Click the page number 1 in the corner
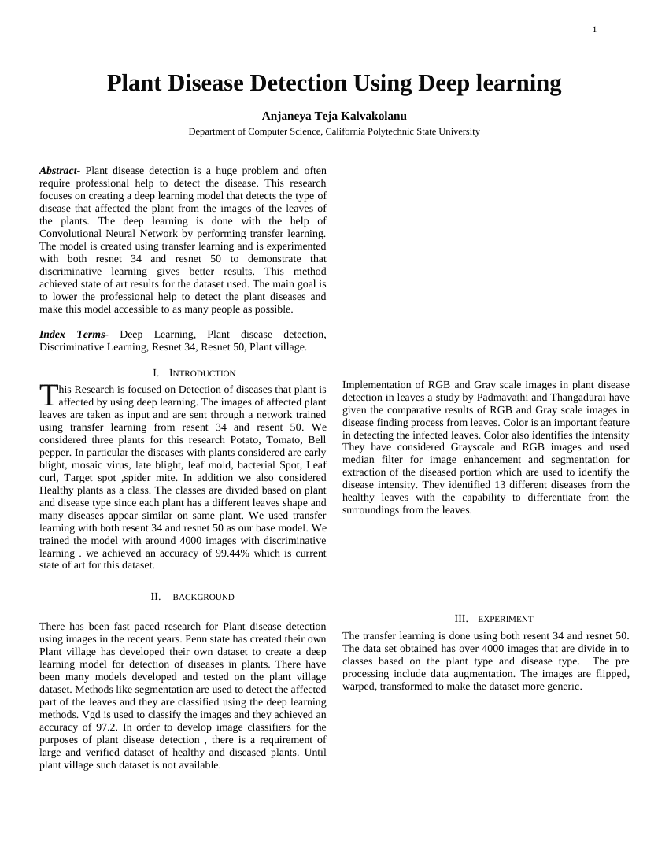click(594, 30)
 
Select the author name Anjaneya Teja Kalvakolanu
click(334, 116)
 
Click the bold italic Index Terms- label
click(76, 335)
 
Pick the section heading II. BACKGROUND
click(193, 598)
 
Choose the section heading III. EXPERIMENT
click(493, 620)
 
